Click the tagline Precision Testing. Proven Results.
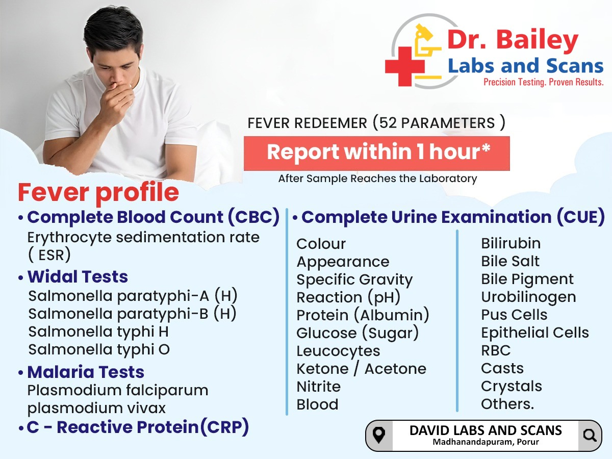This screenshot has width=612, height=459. coord(544,82)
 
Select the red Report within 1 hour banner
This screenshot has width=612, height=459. coord(377,154)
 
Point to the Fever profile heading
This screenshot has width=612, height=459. coord(98,193)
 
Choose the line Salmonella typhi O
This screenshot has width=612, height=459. coord(99,349)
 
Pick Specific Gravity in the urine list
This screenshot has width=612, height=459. coord(354,279)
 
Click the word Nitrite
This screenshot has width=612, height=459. coord(318,387)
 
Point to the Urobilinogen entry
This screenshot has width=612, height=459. coord(528,297)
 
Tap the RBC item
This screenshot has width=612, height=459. coord(496,350)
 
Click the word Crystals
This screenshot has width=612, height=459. coord(512,387)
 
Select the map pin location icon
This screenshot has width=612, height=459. coord(379,436)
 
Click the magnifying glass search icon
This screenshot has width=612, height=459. coord(590,436)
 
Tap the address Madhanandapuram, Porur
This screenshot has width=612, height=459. coord(486,442)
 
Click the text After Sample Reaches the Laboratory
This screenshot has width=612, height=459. coord(377,178)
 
